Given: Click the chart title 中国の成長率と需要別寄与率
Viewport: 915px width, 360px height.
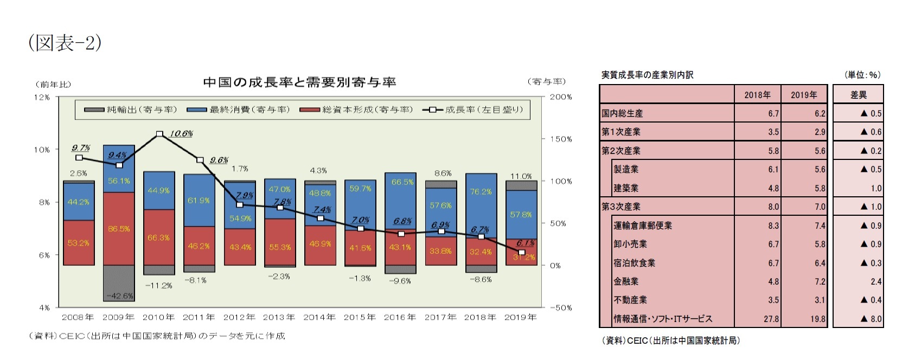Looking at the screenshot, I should pos(299,82).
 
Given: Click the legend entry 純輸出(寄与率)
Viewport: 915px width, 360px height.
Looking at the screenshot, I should pos(131,110).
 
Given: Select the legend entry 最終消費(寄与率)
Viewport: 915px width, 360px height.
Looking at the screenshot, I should pos(239,110).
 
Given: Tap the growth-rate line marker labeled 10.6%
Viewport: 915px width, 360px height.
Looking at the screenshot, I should pos(159,133).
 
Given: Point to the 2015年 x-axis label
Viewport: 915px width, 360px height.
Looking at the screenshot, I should pos(360,317).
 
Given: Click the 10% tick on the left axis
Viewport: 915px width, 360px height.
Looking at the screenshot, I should pos(42,150).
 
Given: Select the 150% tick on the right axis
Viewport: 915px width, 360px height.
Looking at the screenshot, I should pos(561,139).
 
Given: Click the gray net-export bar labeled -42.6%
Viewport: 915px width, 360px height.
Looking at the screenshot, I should pos(119,283).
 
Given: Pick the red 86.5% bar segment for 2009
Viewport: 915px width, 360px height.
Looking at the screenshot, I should pos(119,229).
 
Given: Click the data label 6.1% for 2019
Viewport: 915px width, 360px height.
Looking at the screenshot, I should pos(525,243).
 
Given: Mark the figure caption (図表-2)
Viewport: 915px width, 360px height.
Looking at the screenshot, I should pos(65,43).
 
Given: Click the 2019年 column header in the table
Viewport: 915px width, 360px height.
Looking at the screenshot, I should pos(803,95).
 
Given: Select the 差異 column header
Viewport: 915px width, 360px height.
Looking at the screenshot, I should pos(858,95).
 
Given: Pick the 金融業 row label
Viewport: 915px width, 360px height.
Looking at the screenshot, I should pos(626,281).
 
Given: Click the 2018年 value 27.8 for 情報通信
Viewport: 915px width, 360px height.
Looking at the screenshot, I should pos(771,319).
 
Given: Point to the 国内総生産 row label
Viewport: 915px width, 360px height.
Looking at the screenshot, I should pos(622,113).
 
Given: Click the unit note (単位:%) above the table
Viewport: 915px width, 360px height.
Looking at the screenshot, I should pos(862,75).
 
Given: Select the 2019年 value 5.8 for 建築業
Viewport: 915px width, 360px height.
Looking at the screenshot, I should pos(820,188).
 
